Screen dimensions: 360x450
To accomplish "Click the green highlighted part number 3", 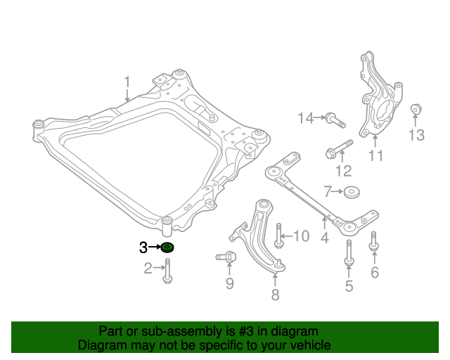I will click(167, 247).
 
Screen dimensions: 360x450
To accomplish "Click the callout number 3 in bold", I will click(143, 247).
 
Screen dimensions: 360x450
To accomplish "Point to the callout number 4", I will click(324, 238).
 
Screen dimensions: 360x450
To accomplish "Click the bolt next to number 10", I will click(278, 236).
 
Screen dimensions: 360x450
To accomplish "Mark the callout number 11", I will click(376, 155).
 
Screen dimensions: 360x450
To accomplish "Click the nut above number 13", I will click(415, 109).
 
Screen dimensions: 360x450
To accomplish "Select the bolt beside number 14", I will click(335, 120).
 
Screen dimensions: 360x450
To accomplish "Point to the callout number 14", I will click(305, 118).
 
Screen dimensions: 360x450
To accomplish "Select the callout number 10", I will click(300, 236).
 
